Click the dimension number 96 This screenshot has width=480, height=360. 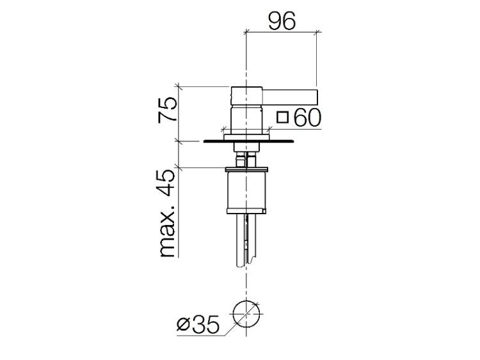tap(282, 21)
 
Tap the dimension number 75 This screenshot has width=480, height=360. tap(168, 110)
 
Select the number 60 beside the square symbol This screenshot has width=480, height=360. tap(307, 118)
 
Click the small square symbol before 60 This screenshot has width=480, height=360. tap(282, 118)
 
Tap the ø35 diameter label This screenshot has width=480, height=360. tap(198, 324)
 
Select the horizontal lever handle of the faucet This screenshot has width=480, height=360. tap(290, 97)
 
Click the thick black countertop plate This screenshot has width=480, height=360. tap(248, 141)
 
